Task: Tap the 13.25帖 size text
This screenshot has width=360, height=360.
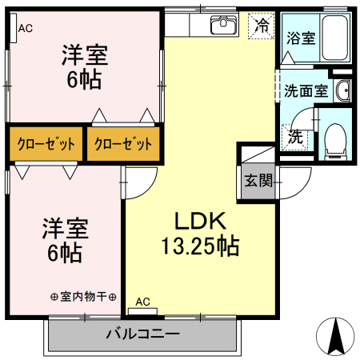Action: pyautogui.click(x=200, y=246)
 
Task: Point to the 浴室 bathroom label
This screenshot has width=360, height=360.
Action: pyautogui.click(x=301, y=38)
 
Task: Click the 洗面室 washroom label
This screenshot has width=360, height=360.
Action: pyautogui.click(x=306, y=90)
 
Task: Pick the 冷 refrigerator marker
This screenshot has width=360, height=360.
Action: pyautogui.click(x=261, y=26)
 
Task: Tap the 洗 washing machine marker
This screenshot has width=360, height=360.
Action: pyautogui.click(x=295, y=137)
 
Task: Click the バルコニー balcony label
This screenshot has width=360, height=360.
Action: pyautogui.click(x=142, y=333)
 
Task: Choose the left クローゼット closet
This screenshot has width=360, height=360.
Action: pyautogui.click(x=46, y=145)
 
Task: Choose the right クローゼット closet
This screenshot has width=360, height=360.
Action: pyautogui.click(x=122, y=145)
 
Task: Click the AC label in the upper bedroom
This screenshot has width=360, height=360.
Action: pyautogui.click(x=25, y=29)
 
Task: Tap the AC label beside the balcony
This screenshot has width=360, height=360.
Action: pyautogui.click(x=143, y=302)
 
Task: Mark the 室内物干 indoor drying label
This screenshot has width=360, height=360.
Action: pyautogui.click(x=83, y=297)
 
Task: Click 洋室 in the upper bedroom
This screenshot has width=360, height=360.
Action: pyautogui.click(x=85, y=57)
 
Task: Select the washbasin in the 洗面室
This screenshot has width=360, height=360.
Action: pyautogui.click(x=343, y=90)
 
